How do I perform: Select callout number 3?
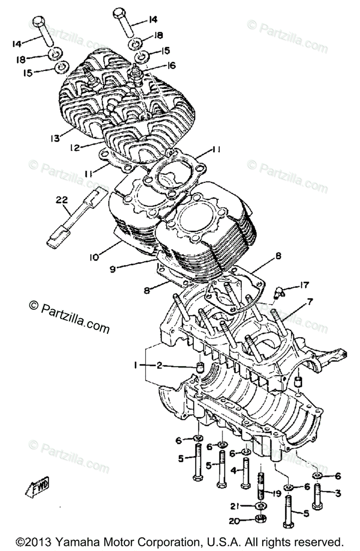pos(337,494)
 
